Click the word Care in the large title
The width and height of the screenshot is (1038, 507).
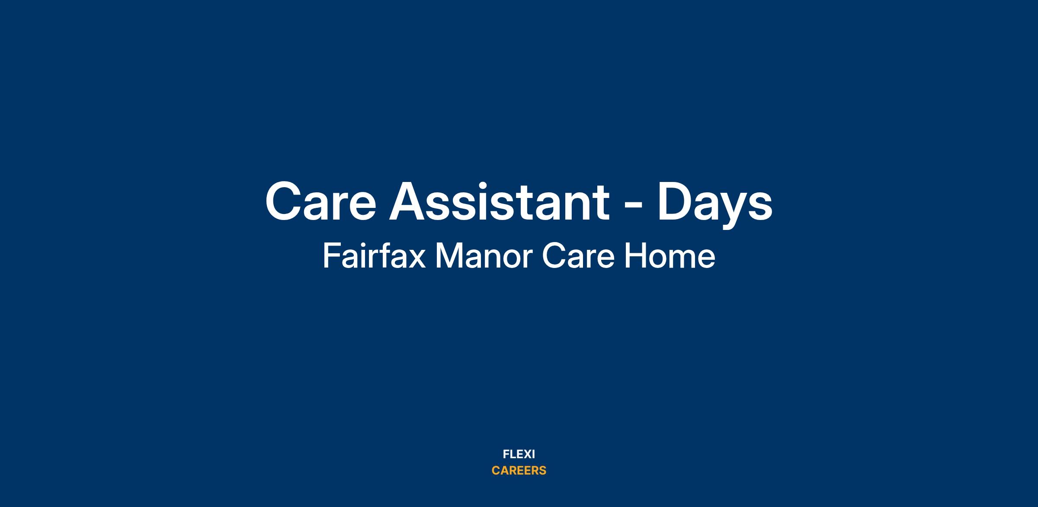click(x=320, y=201)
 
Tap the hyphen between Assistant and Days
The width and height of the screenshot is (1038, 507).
click(x=634, y=206)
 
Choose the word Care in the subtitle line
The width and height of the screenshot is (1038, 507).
click(x=578, y=256)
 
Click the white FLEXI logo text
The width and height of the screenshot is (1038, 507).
click(x=519, y=454)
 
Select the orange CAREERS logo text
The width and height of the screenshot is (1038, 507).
click(x=519, y=471)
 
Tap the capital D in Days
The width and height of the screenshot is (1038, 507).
click(x=676, y=201)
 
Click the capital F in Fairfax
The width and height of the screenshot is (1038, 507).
click(x=331, y=256)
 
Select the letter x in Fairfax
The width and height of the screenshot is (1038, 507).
click(x=417, y=259)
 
